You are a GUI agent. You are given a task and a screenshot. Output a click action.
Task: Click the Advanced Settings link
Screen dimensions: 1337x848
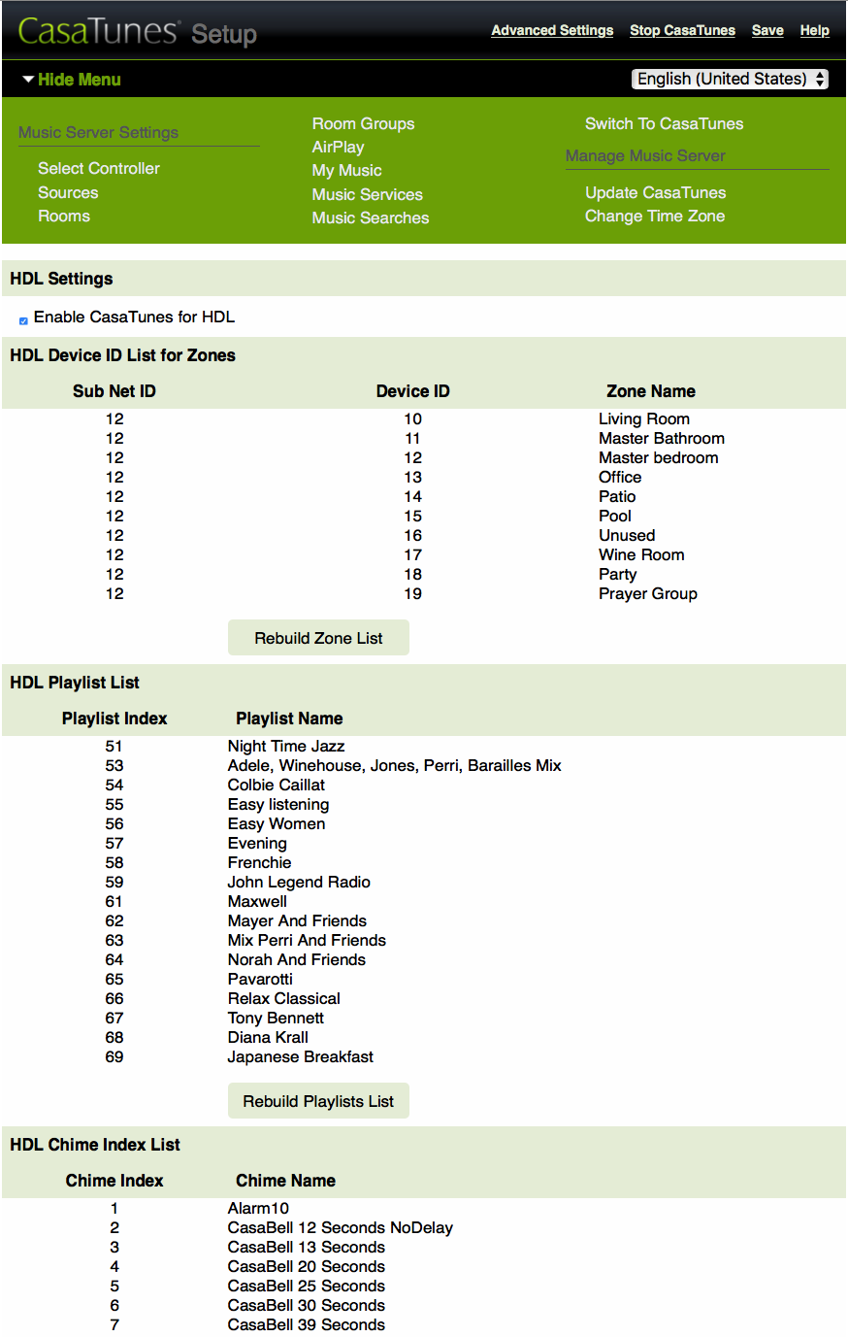pyautogui.click(x=552, y=30)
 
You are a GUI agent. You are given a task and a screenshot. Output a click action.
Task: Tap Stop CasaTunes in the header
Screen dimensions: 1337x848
pyautogui.click(x=682, y=30)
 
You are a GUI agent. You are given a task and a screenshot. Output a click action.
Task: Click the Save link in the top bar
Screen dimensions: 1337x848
pyautogui.click(x=767, y=30)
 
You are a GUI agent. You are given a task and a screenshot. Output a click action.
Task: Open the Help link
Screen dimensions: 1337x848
pyautogui.click(x=814, y=30)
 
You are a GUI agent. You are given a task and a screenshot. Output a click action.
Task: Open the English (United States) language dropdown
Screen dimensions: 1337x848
pyautogui.click(x=730, y=79)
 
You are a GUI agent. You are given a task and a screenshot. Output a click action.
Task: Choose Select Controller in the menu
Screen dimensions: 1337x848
pyautogui.click(x=99, y=168)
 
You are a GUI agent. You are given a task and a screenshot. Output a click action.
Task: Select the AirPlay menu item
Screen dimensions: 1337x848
pyautogui.click(x=338, y=147)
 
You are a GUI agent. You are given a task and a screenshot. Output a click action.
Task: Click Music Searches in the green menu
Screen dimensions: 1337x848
pyautogui.click(x=370, y=217)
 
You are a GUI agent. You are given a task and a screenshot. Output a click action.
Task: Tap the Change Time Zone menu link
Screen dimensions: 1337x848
pyautogui.click(x=654, y=216)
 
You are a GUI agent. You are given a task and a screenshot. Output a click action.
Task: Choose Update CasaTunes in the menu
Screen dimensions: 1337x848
pyautogui.click(x=655, y=192)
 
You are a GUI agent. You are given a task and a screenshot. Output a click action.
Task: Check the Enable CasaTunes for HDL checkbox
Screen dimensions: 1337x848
pyautogui.click(x=23, y=320)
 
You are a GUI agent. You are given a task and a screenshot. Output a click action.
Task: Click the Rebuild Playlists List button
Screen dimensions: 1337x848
pyautogui.click(x=318, y=1101)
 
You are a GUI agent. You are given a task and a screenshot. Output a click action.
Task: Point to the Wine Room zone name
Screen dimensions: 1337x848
pyautogui.click(x=641, y=554)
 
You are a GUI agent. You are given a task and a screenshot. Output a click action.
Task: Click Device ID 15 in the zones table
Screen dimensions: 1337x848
pyautogui.click(x=413, y=516)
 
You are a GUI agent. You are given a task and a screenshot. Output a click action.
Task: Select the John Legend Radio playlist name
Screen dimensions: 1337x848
pyautogui.click(x=299, y=882)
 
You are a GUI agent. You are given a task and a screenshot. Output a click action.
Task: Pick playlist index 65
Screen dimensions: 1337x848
pyautogui.click(x=114, y=979)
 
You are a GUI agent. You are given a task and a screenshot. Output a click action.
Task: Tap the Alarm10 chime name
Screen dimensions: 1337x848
pyautogui.click(x=258, y=1208)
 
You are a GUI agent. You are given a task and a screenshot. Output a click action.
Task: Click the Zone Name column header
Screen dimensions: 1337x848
pyautogui.click(x=650, y=391)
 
